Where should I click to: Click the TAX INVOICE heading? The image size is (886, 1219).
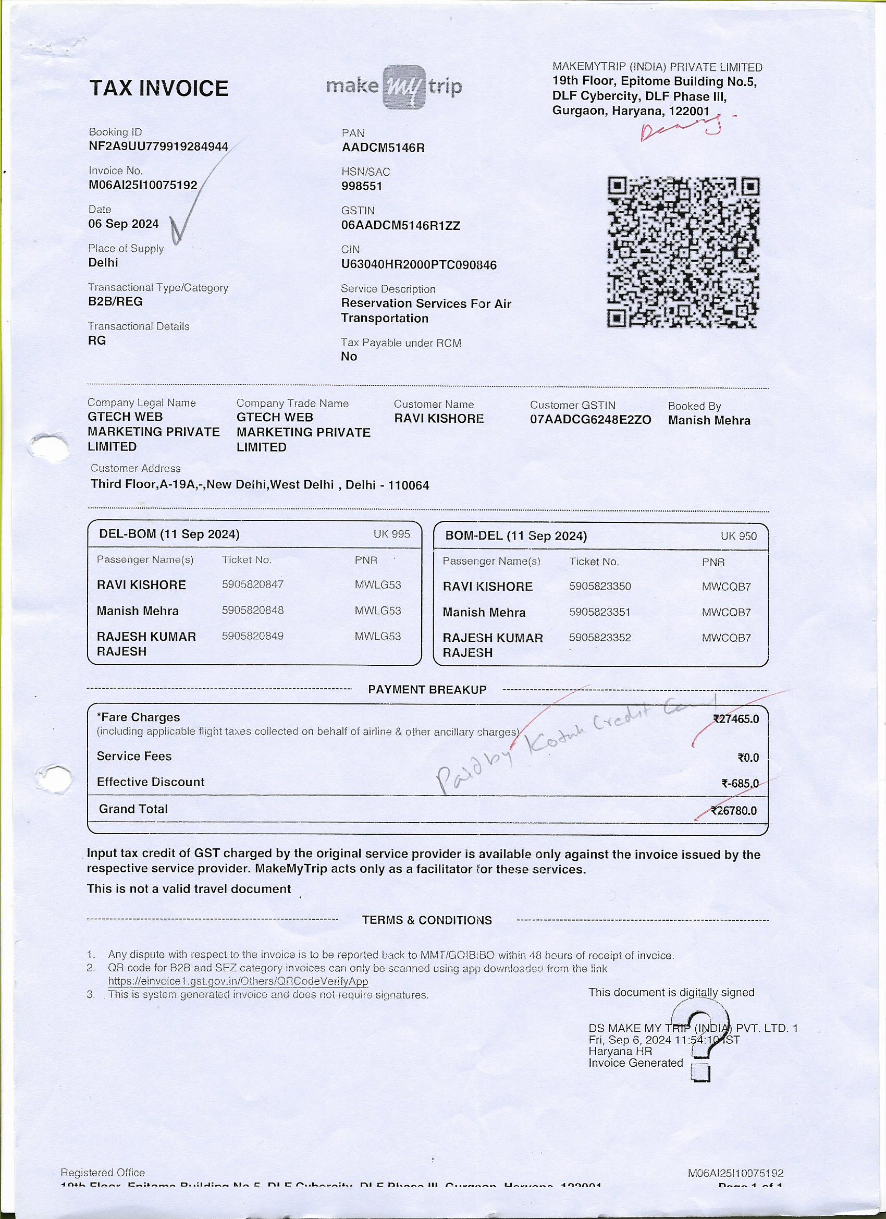(x=158, y=88)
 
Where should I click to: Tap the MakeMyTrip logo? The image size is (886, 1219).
(x=394, y=87)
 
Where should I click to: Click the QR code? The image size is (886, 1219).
(x=683, y=252)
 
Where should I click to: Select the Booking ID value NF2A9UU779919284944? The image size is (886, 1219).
(x=158, y=147)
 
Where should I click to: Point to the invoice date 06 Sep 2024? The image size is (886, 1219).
(x=124, y=224)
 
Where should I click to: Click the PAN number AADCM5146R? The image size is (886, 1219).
(x=383, y=148)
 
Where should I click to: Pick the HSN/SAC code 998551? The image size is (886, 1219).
(x=362, y=187)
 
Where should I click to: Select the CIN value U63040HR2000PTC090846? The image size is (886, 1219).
(x=419, y=265)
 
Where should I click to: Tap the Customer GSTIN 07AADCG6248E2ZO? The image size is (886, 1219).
(x=590, y=420)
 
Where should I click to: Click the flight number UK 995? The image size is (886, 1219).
(x=392, y=534)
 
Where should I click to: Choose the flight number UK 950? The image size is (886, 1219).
(x=738, y=536)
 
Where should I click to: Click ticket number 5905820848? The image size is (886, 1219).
(x=253, y=610)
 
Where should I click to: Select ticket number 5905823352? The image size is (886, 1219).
(x=600, y=638)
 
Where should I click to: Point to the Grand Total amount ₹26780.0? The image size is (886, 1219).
(x=734, y=811)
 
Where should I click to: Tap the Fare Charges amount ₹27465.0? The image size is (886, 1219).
(x=735, y=719)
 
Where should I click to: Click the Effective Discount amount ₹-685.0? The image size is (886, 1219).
(x=740, y=784)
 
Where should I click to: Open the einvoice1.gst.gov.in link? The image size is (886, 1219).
(x=238, y=981)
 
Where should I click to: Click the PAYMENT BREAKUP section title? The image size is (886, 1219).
(x=427, y=690)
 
